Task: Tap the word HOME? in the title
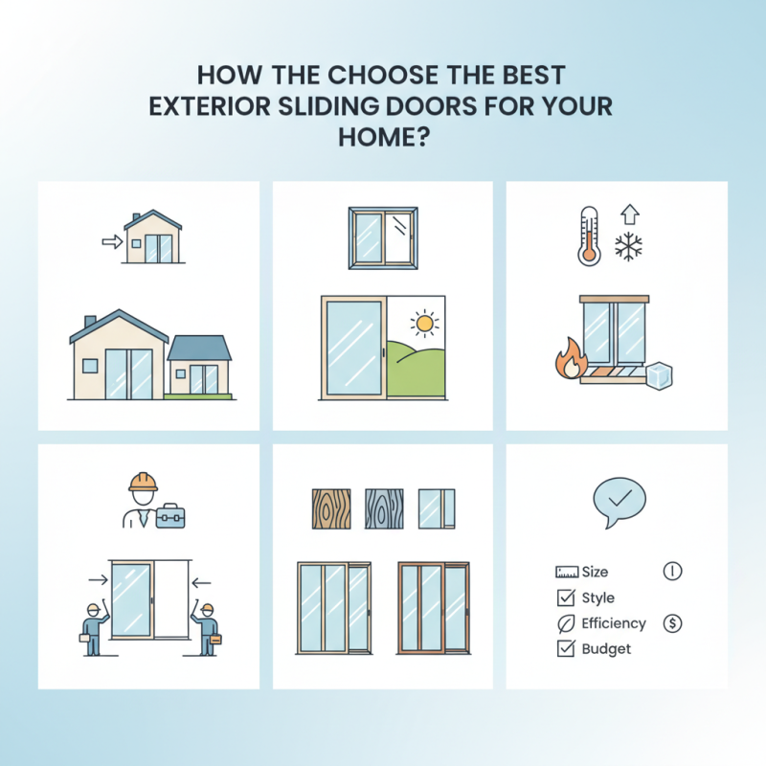383,137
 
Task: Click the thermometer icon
587,235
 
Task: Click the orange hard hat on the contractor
144,481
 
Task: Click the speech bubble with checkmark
620,501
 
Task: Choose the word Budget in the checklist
606,649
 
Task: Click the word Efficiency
614,623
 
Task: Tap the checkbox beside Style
564,598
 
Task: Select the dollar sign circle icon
672,623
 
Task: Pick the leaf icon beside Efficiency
564,624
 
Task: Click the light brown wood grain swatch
331,508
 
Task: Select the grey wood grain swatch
384,508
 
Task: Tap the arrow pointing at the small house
112,242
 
